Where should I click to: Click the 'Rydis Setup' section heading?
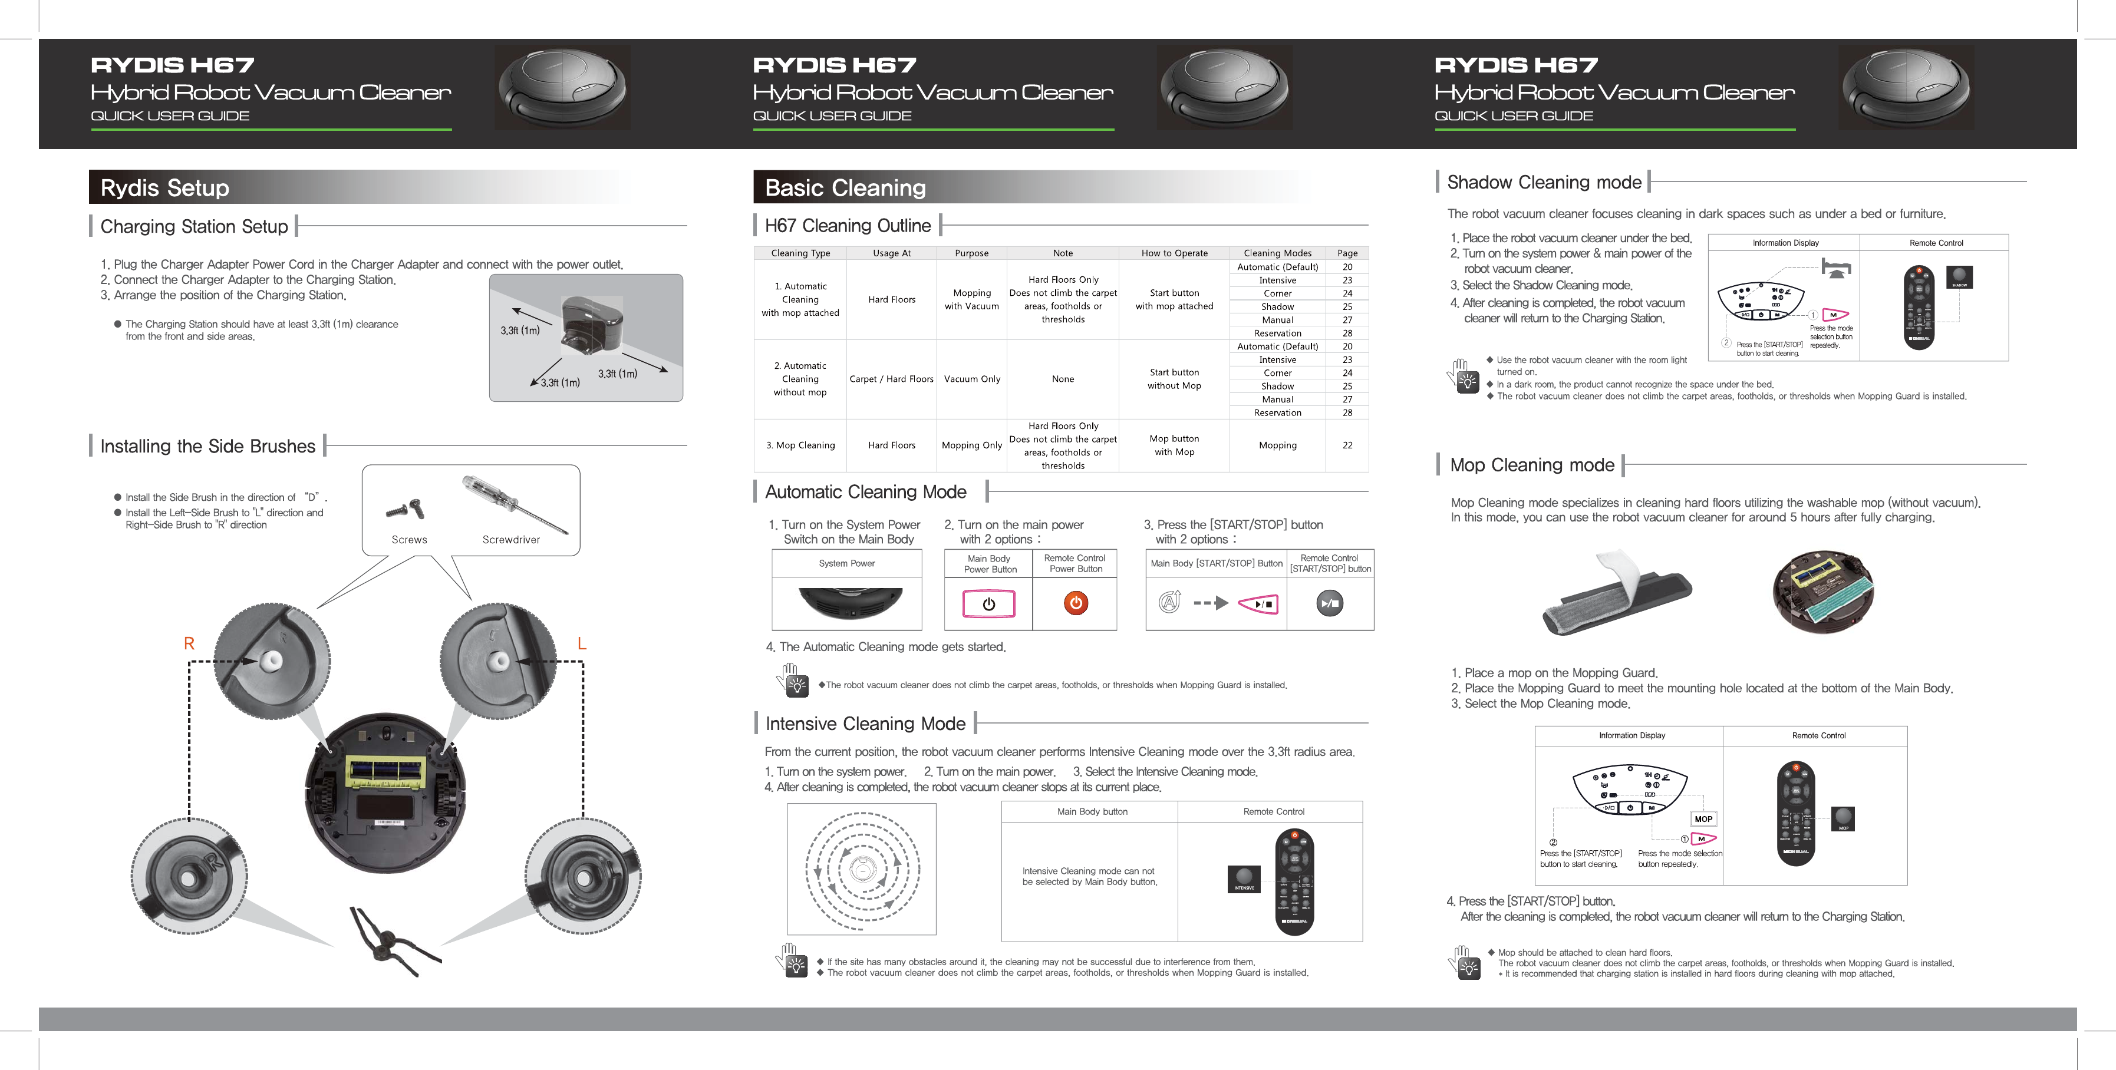click(164, 188)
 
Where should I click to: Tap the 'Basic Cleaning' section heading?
click(845, 188)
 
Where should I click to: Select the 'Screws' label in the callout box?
click(409, 540)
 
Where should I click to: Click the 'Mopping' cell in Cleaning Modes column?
click(1277, 445)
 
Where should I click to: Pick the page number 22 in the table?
click(1347, 445)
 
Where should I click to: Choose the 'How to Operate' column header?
click(1174, 253)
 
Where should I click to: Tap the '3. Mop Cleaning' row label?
click(800, 445)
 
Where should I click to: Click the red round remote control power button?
click(1075, 603)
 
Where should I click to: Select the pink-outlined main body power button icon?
click(989, 603)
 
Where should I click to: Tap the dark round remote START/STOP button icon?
click(1329, 603)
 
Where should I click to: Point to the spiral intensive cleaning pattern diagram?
click(862, 869)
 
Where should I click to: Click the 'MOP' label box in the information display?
click(1703, 819)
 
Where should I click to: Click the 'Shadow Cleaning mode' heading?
click(1544, 182)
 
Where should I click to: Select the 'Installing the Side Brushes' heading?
click(208, 446)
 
